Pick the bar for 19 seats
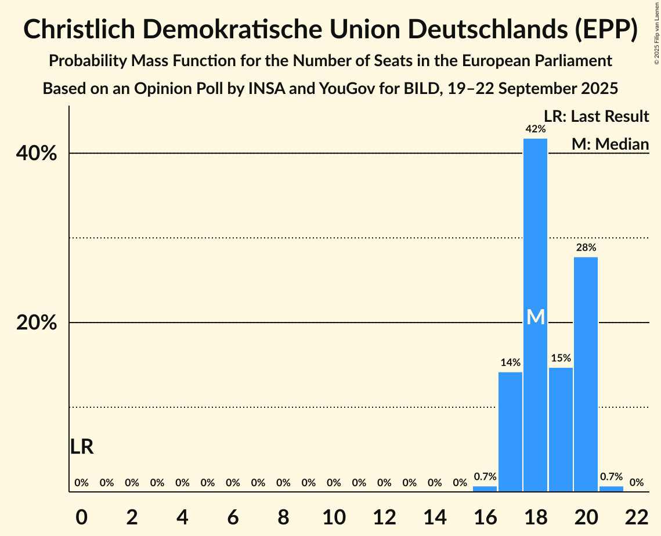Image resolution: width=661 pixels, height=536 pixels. pyautogui.click(x=561, y=429)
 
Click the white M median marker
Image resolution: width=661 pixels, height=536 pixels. pyautogui.click(x=536, y=317)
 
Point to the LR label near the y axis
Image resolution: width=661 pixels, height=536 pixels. pyautogui.click(x=82, y=447)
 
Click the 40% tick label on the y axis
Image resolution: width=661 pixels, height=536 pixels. pyautogui.click(x=37, y=154)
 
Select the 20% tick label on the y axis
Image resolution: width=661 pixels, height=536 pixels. pyautogui.click(x=37, y=323)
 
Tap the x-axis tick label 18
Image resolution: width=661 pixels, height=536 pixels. pyautogui.click(x=535, y=515)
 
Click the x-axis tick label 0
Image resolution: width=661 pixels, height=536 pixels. pyautogui.click(x=82, y=515)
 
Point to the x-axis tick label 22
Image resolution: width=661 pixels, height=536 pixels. pyautogui.click(x=636, y=515)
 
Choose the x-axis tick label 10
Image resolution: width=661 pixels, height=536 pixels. pyautogui.click(x=334, y=515)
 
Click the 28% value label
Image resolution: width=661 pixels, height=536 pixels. pyautogui.click(x=586, y=248)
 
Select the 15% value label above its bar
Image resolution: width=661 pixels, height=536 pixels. pyautogui.click(x=561, y=358)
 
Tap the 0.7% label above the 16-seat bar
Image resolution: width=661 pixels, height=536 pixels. pyautogui.click(x=485, y=477)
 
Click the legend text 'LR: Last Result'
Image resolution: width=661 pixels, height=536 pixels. pyautogui.click(x=596, y=117)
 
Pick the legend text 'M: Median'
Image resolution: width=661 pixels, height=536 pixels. pyautogui.click(x=610, y=144)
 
